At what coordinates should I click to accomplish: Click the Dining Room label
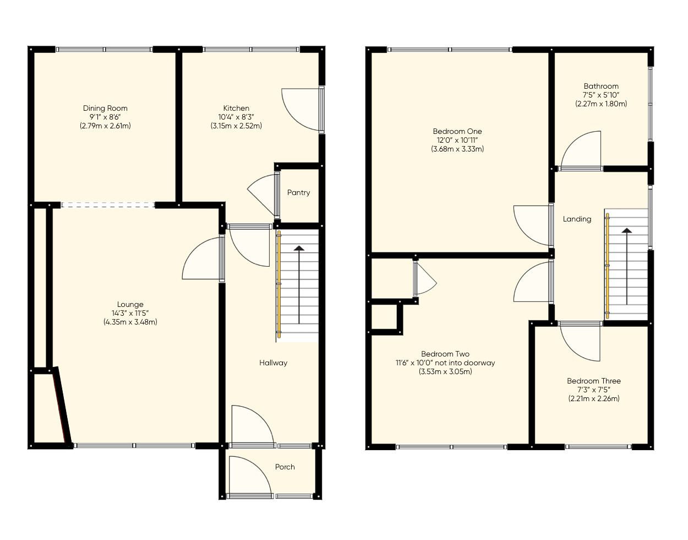pos(105,109)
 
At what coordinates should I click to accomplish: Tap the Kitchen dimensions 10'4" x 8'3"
pos(236,117)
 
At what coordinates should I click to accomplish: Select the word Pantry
pos(298,193)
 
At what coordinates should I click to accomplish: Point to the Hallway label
pos(273,363)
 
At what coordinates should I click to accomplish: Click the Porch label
pos(285,467)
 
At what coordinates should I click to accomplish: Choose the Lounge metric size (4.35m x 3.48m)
pos(130,322)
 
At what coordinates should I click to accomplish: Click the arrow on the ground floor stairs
pos(299,284)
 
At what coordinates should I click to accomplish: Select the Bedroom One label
pos(457,131)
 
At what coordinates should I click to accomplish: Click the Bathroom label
pos(601,86)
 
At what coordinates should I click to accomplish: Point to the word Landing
pos(577,219)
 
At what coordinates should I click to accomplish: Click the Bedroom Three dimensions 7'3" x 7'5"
pos(594,390)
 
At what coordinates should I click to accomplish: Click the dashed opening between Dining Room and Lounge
pos(108,205)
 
